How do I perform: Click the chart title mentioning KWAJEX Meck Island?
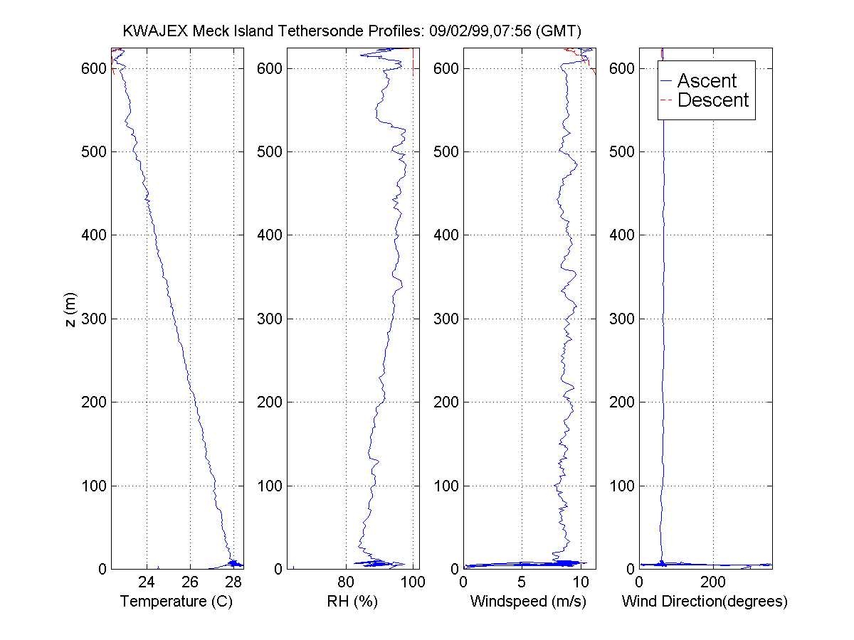pos(352,31)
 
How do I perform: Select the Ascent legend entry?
pos(707,80)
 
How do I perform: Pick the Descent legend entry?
pos(713,100)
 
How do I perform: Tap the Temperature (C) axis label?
pos(176,602)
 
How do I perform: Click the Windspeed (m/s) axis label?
pos(528,602)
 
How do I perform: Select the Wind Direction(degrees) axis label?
pos(705,602)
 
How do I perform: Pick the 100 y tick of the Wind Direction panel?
pos(623,486)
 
